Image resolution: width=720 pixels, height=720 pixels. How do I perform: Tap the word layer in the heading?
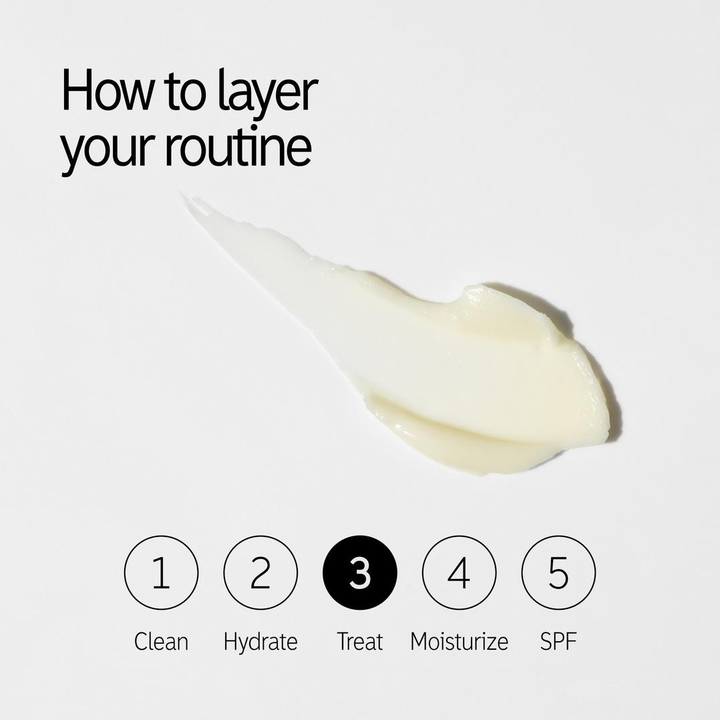click(x=266, y=94)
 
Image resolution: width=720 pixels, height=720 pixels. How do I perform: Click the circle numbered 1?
click(x=161, y=572)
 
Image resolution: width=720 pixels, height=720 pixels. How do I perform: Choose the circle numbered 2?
click(x=260, y=572)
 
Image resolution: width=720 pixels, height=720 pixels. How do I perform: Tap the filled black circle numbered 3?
click(x=359, y=572)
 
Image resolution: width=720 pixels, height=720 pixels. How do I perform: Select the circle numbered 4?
click(x=459, y=572)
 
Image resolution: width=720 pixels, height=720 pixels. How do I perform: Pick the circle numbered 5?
click(x=558, y=572)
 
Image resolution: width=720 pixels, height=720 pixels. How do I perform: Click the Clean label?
click(x=161, y=641)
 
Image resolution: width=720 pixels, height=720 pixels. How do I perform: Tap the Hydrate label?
click(x=260, y=641)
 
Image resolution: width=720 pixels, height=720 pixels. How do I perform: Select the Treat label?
click(x=359, y=641)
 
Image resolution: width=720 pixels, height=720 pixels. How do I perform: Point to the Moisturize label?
click(x=459, y=641)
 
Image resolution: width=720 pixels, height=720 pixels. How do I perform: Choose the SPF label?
click(x=558, y=641)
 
